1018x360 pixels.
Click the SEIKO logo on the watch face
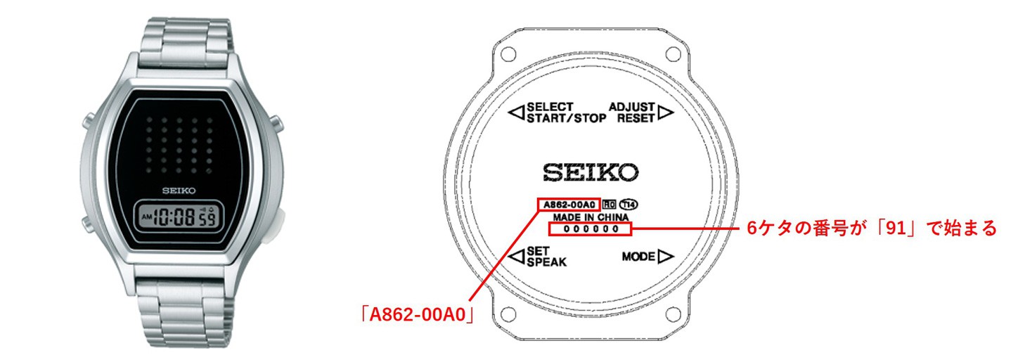pos(179,191)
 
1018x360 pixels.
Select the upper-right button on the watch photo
pos(276,122)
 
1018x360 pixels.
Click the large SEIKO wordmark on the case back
pos(591,172)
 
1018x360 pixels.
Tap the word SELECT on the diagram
pos(550,107)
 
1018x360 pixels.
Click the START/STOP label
pos(566,118)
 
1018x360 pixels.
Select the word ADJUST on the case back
pos(632,107)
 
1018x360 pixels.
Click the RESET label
pos(636,118)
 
